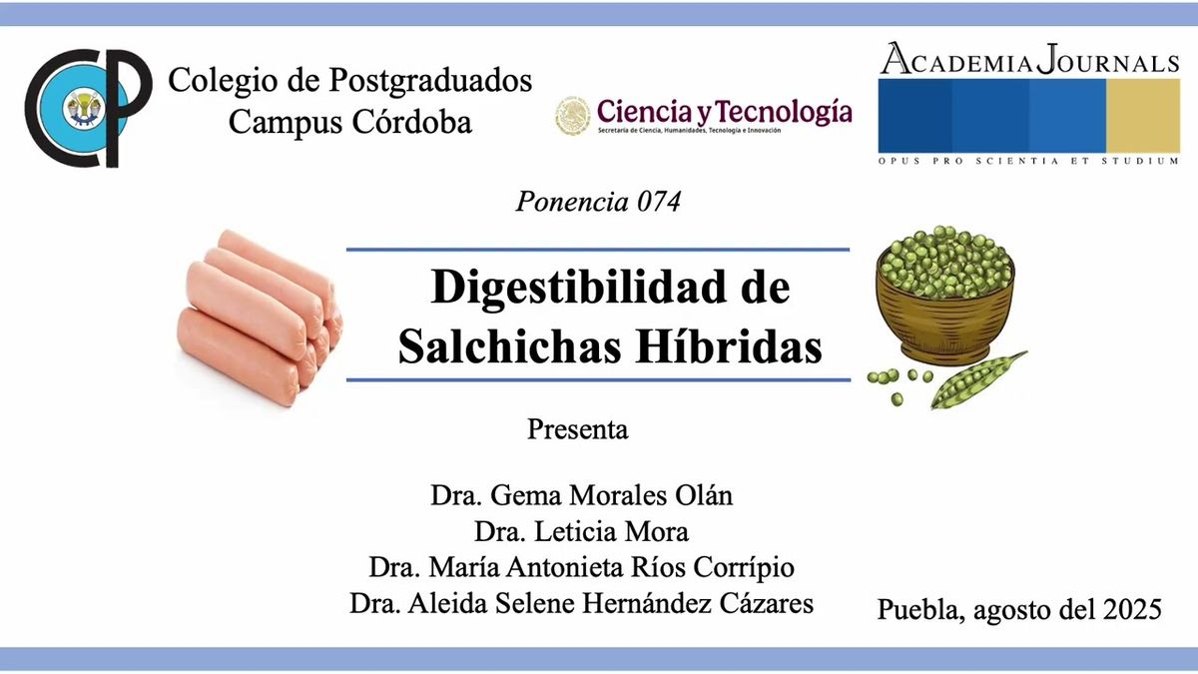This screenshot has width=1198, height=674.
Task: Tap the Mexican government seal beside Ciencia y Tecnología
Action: pyautogui.click(x=573, y=116)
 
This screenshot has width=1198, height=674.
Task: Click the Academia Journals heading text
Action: pyautogui.click(x=1029, y=61)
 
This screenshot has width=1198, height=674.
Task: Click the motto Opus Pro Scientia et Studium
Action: pyautogui.click(x=1028, y=160)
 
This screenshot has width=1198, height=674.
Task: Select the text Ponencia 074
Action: pyautogui.click(x=598, y=202)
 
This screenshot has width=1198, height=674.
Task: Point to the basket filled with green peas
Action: pyautogui.click(x=944, y=295)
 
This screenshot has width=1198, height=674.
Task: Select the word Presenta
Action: pyautogui.click(x=577, y=430)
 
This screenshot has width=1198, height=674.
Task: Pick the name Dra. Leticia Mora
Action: pyautogui.click(x=582, y=531)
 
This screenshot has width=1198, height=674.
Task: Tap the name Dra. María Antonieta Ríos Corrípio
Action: pyautogui.click(x=582, y=567)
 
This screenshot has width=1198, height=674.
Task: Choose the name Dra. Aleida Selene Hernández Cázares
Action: pyautogui.click(x=582, y=603)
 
